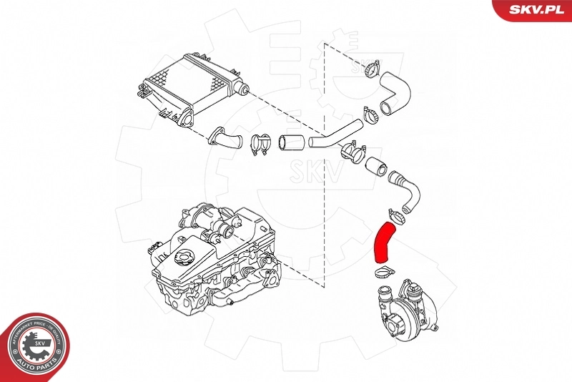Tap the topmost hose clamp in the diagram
point(370,69)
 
